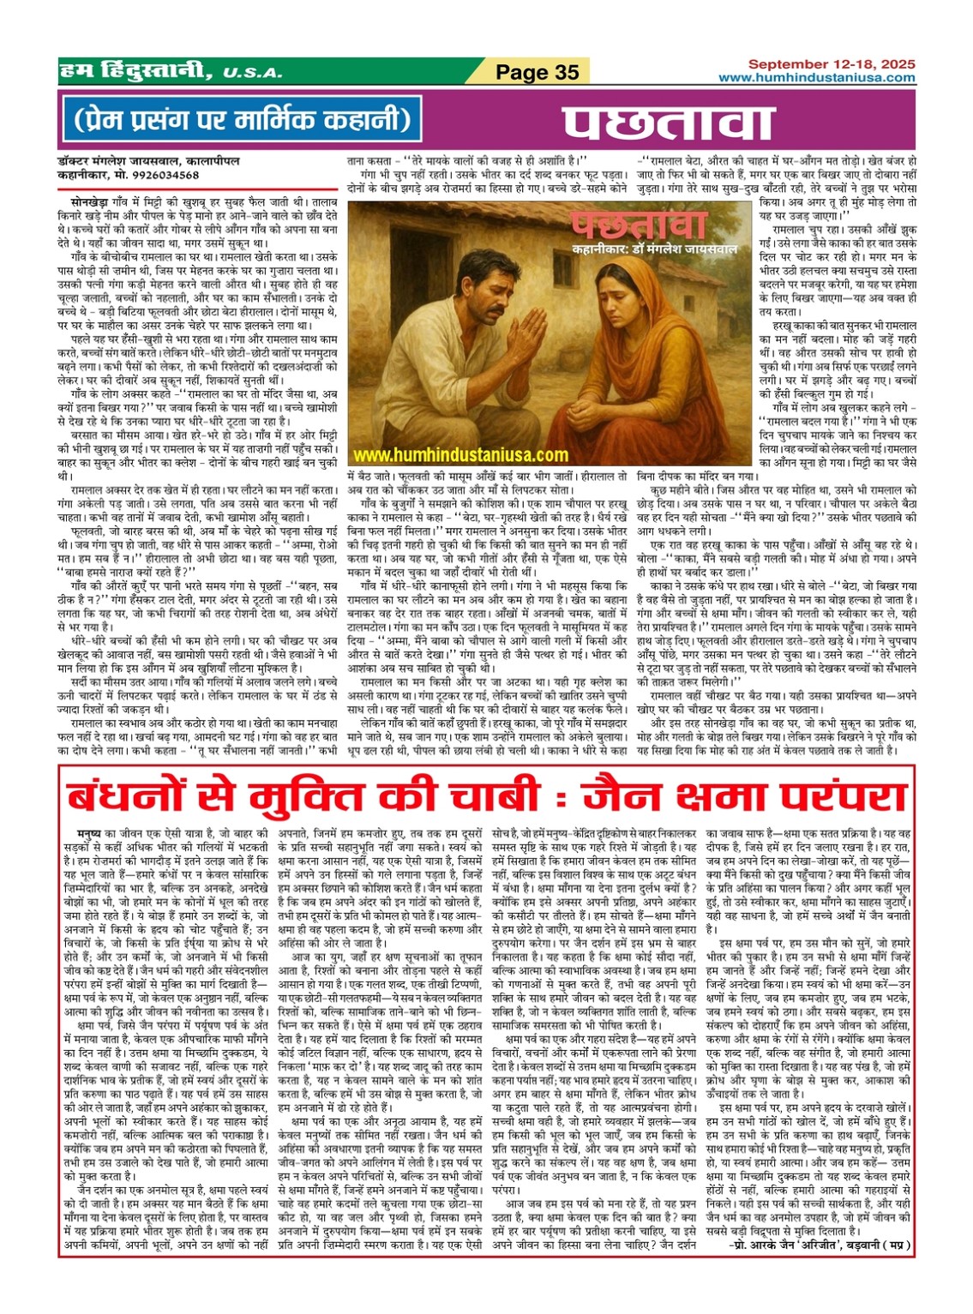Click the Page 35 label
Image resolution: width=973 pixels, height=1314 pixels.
tap(538, 73)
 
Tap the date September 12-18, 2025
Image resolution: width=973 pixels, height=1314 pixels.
tap(831, 64)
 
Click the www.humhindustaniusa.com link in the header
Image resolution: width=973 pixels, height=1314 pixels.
tap(816, 77)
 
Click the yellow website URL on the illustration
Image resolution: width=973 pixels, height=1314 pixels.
tap(459, 456)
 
